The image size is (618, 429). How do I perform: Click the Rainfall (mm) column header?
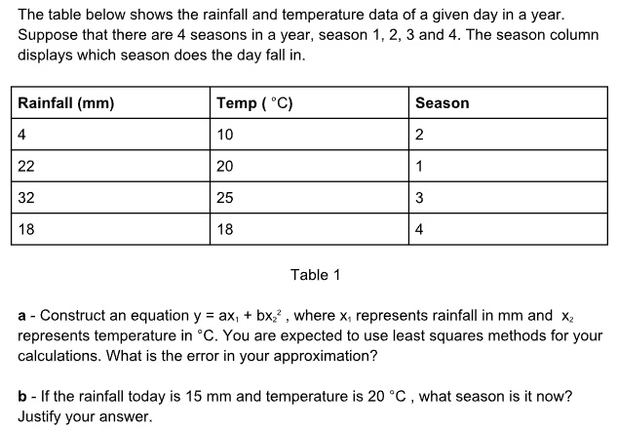(x=66, y=103)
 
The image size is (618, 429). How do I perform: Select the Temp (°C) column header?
(x=254, y=103)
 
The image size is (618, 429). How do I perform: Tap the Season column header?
(x=442, y=103)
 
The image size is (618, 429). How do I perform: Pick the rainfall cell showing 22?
(x=26, y=166)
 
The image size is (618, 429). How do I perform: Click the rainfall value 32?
(x=26, y=197)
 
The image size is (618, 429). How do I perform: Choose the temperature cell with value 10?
(x=225, y=135)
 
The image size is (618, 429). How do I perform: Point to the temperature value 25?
(x=225, y=197)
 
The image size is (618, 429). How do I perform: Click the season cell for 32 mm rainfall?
(x=419, y=197)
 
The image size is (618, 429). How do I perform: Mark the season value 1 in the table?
(x=419, y=166)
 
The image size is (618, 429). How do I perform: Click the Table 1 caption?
(x=316, y=275)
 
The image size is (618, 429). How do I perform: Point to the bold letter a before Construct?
(x=22, y=316)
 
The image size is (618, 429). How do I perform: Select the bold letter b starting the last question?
(x=22, y=398)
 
